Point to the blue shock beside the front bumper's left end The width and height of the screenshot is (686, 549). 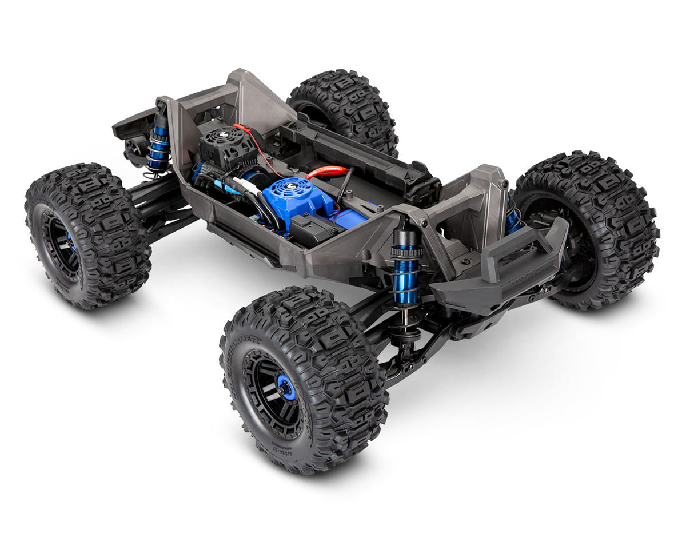point(407,268)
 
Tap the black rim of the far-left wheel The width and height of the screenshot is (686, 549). point(60,246)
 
